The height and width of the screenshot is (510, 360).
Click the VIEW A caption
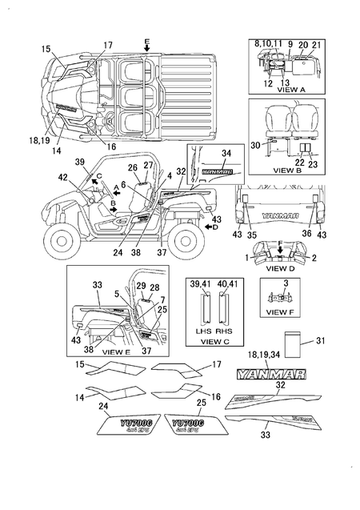click(x=291, y=90)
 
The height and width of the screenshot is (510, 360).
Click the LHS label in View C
click(x=201, y=329)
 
